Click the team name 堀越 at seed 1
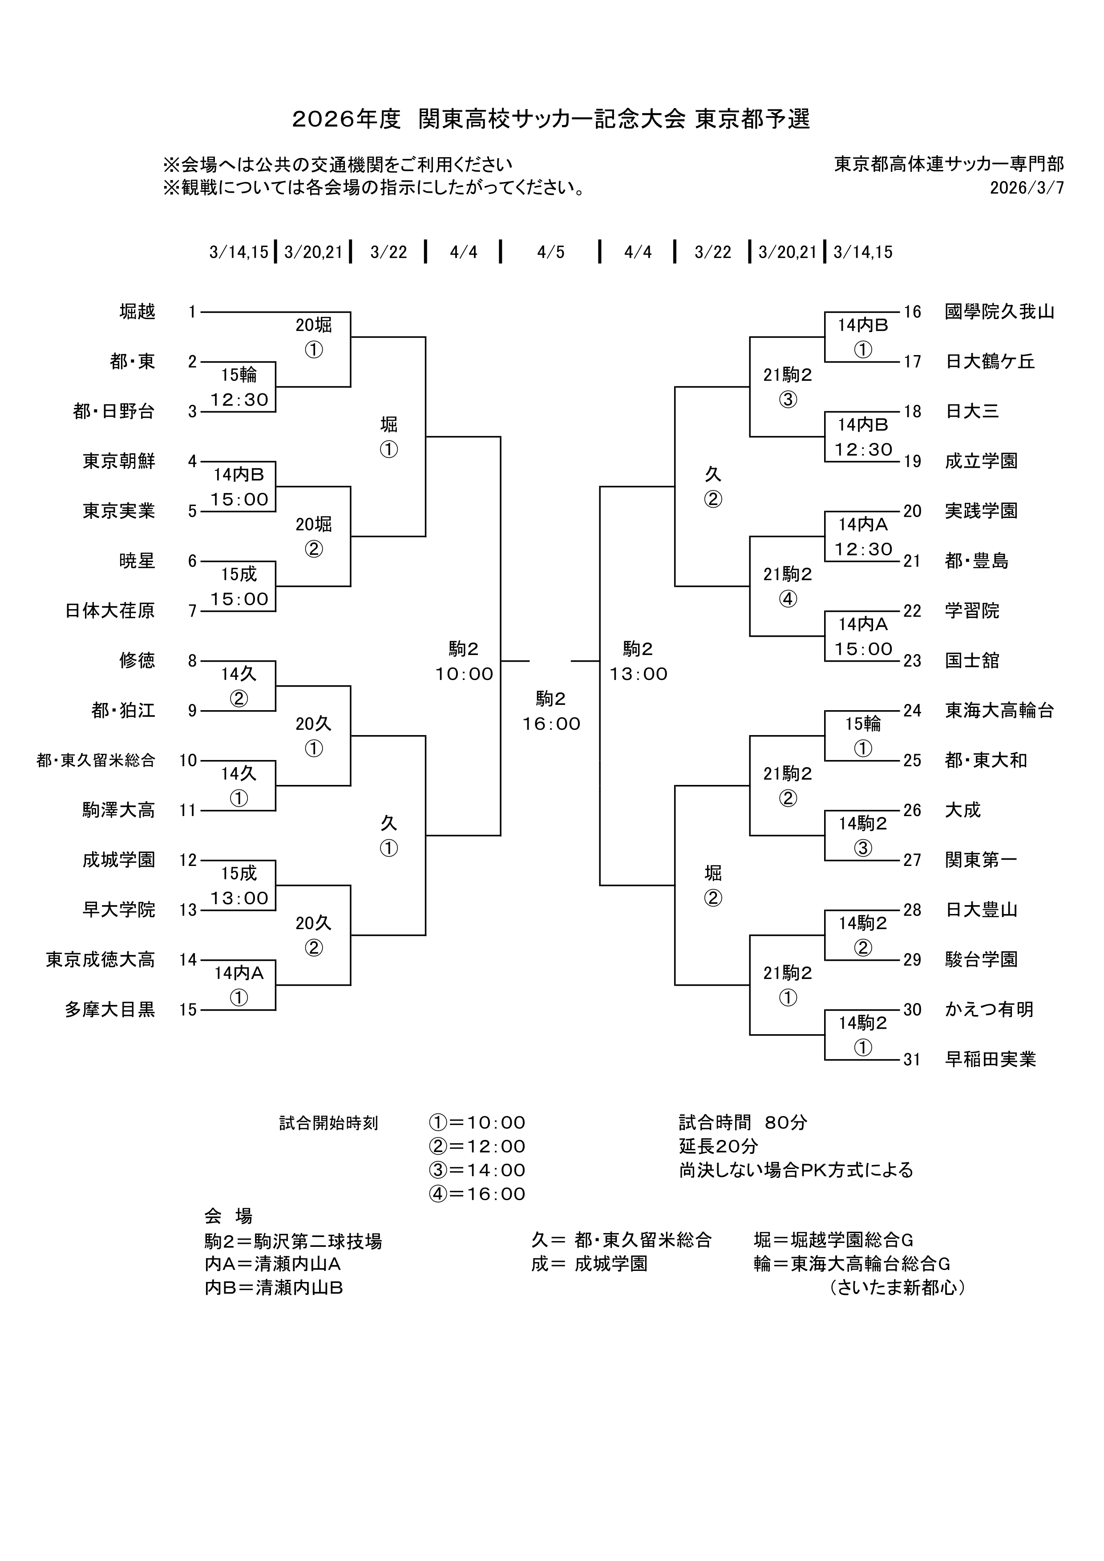137,312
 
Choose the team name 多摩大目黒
110,1010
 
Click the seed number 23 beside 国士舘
912,661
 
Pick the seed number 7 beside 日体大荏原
192,611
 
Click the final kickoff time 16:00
551,724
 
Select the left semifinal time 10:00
464,675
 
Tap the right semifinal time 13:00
639,675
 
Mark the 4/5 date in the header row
550,252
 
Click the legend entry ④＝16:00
477,1194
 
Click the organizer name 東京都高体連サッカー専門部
949,164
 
